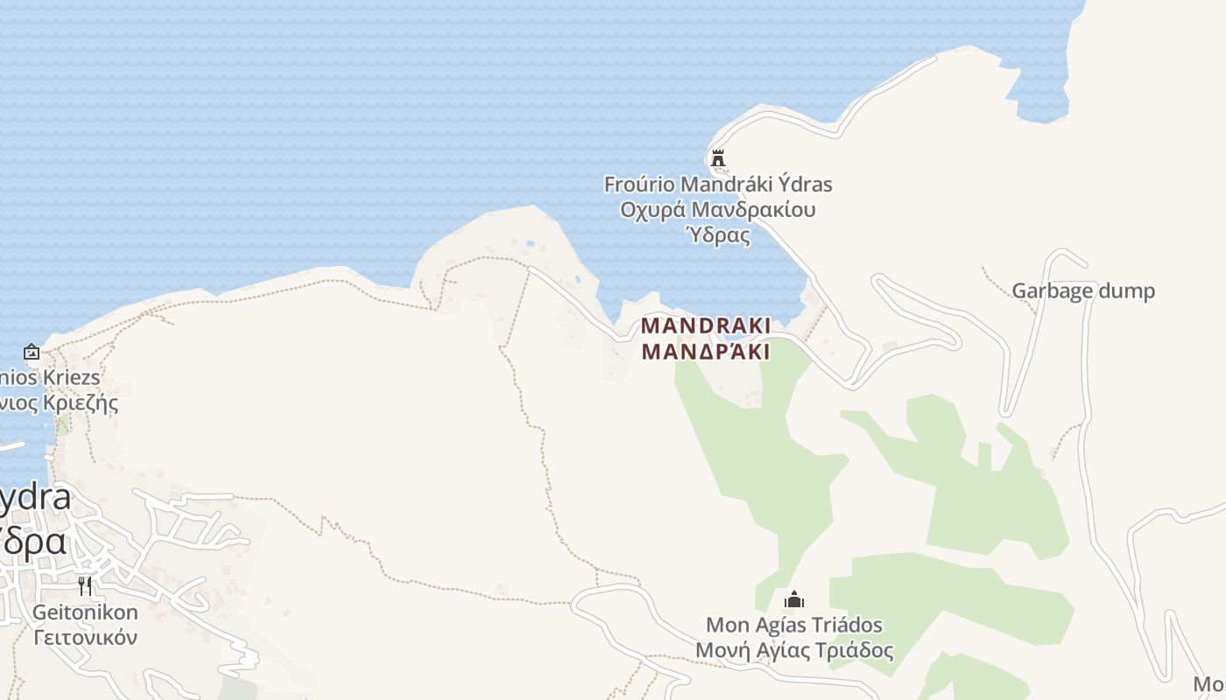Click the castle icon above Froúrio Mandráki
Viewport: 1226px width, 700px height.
[718, 158]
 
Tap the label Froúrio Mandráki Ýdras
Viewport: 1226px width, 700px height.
[718, 185]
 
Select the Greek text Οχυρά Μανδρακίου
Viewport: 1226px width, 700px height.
[718, 210]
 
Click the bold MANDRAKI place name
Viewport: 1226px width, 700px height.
[706, 325]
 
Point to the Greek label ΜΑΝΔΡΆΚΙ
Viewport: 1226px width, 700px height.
[706, 352]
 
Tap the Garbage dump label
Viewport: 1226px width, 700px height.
[1083, 290]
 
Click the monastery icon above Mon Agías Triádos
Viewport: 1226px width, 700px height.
[794, 600]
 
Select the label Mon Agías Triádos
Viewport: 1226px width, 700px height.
[794, 626]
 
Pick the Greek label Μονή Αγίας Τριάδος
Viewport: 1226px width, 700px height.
[794, 651]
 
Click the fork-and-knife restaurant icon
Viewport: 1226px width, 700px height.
[85, 585]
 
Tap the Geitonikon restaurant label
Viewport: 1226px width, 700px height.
[85, 612]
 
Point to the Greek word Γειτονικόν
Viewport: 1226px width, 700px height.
[85, 637]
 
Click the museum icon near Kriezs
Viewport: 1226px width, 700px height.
[32, 352]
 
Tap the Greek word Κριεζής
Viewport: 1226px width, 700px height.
[79, 403]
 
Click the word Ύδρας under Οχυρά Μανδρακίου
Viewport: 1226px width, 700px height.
[718, 234]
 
